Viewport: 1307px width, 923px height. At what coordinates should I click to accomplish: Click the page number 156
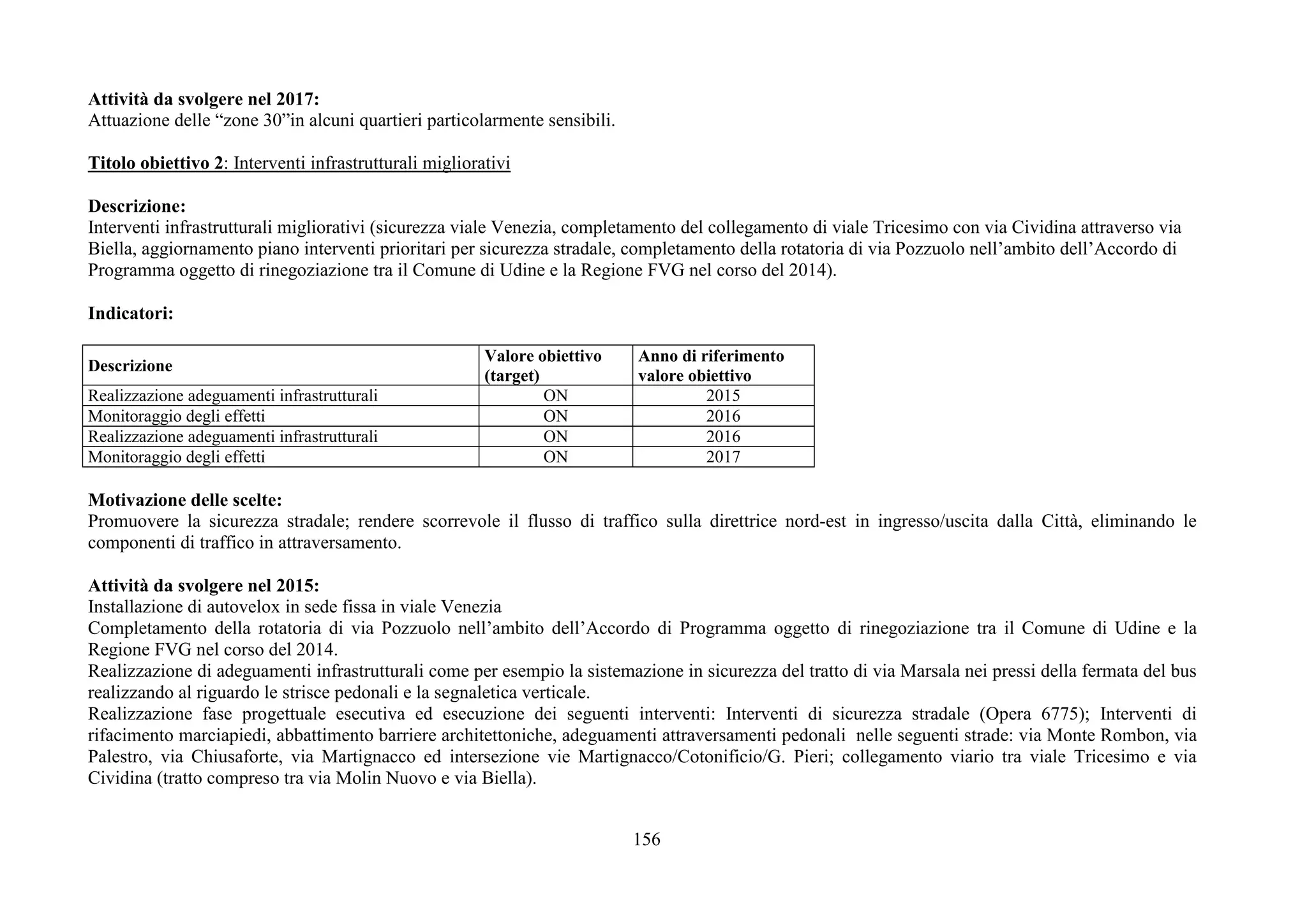coord(646,839)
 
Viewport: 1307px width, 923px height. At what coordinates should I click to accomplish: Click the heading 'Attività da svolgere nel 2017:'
coord(204,100)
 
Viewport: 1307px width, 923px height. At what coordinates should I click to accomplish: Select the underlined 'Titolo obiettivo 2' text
coord(156,163)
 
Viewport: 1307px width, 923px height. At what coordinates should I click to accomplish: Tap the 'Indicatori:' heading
coord(131,313)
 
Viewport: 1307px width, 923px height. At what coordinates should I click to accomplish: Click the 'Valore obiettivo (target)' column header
coord(542,366)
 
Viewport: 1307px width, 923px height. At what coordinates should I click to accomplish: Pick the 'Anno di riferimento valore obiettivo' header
coord(711,366)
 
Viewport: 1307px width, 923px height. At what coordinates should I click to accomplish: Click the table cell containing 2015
coord(723,395)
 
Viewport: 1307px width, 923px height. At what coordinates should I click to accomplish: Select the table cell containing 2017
coord(723,457)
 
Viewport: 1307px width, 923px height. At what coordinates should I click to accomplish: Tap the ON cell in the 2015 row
coord(555,395)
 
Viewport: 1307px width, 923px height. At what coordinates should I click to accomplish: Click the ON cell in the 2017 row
coord(555,457)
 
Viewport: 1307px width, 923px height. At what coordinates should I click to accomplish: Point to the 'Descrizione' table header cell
coord(130,366)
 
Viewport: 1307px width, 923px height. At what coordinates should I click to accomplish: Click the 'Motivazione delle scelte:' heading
coord(185,499)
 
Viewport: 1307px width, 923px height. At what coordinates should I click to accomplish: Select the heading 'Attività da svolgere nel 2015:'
coord(204,586)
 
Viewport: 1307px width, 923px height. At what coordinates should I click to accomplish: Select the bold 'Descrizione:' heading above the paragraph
coord(137,206)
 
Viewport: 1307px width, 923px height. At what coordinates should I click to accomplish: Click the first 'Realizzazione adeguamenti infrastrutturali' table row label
coord(233,395)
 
